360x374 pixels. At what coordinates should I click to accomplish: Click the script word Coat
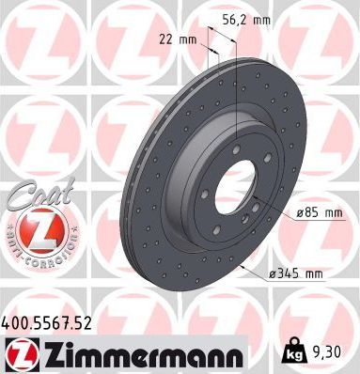pos(31,195)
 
